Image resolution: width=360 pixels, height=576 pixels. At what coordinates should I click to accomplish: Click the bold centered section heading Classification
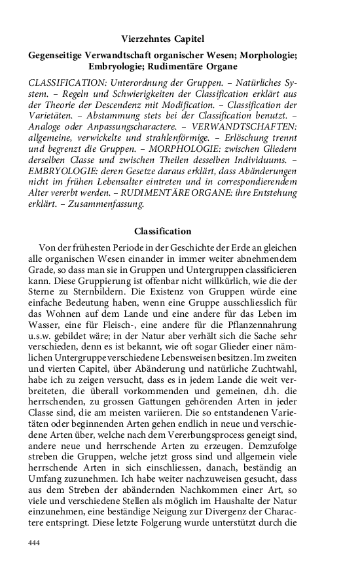tap(162, 231)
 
